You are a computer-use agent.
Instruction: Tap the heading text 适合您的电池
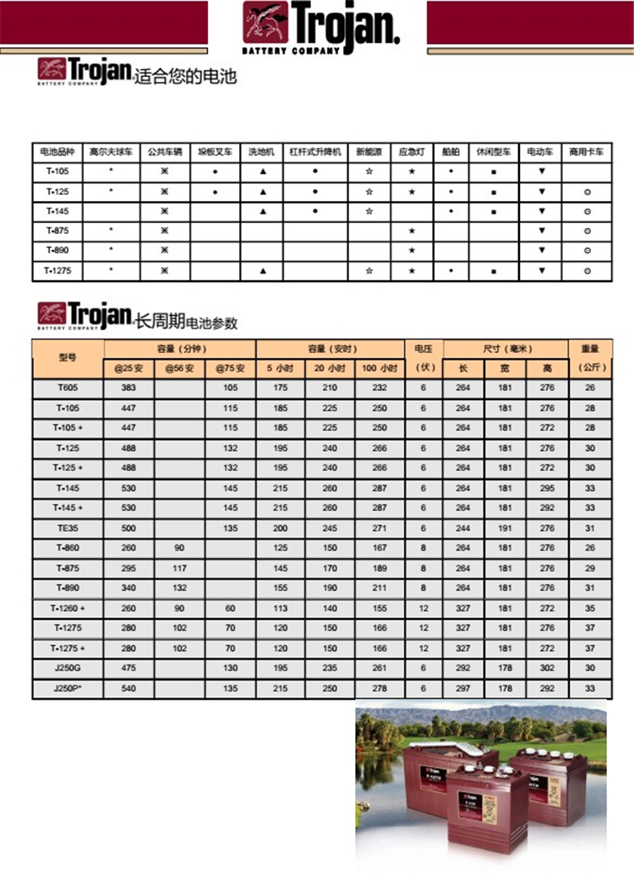coord(185,78)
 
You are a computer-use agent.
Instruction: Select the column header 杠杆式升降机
coord(314,152)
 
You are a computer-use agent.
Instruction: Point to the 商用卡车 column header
coord(587,152)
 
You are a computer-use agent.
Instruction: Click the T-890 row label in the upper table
coord(57,251)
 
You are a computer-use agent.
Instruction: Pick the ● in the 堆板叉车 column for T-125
coord(215,192)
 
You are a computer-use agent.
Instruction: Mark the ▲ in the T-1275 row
coord(262,271)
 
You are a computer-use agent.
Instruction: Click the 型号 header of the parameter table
coord(68,358)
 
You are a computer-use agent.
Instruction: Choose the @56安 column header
coord(179,369)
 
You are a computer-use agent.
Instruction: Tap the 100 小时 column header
coord(380,369)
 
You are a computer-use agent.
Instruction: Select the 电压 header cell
coord(423,348)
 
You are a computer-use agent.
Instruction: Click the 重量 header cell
coord(589,348)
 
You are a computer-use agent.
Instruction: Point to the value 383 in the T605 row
coord(128,388)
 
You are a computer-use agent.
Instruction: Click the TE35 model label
coord(68,528)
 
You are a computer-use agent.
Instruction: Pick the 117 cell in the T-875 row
coord(179,568)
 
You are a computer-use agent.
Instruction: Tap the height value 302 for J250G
coord(547,668)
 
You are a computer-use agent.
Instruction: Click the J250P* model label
coord(68,688)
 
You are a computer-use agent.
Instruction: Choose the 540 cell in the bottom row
coord(128,688)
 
